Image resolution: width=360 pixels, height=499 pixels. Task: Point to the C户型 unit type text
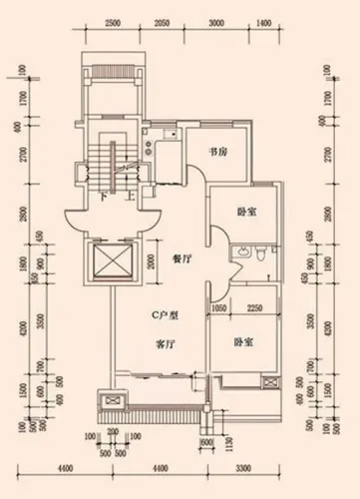point(165,315)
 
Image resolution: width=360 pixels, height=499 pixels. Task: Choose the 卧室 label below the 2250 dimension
point(242,341)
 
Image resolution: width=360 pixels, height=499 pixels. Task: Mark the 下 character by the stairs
point(105,197)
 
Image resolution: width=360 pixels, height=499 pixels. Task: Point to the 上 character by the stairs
point(129,197)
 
